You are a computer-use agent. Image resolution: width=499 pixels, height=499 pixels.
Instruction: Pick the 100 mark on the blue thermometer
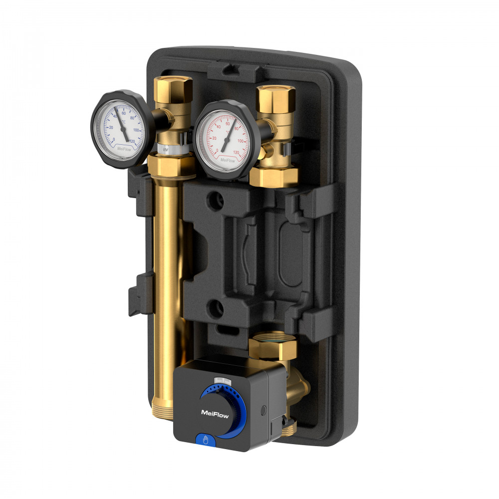point(136,130)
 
